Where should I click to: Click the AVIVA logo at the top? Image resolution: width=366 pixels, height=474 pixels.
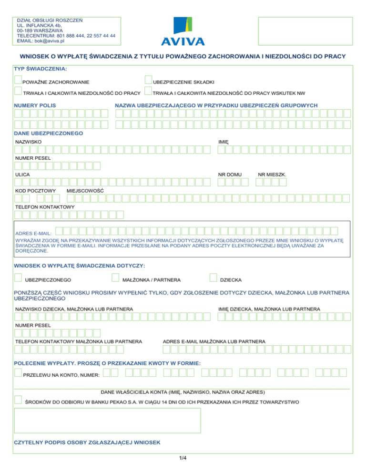click(x=183, y=31)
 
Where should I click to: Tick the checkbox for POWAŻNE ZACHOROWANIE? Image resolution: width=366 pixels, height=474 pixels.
click(x=18, y=81)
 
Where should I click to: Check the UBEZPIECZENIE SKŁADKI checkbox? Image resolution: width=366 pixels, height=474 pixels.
click(x=148, y=81)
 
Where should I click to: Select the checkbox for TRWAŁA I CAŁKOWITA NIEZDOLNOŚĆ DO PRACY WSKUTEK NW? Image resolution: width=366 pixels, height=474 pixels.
click(x=148, y=91)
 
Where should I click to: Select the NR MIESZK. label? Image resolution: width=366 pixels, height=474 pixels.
click(x=272, y=175)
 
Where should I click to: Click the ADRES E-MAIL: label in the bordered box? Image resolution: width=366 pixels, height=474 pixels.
click(x=34, y=233)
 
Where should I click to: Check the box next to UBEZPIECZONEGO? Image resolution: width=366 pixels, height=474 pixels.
click(x=18, y=277)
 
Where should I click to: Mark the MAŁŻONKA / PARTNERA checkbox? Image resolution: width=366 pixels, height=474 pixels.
click(x=115, y=277)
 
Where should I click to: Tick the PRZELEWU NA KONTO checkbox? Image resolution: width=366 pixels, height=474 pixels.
click(x=18, y=373)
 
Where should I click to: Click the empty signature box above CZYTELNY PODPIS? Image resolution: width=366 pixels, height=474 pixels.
click(x=108, y=420)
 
